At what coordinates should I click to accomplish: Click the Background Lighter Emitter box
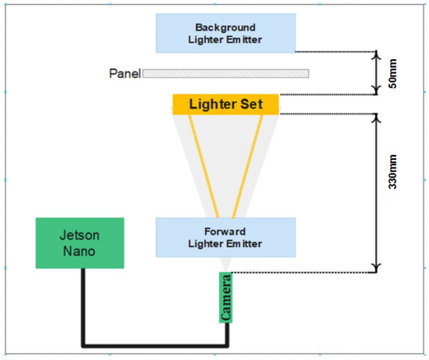(225, 32)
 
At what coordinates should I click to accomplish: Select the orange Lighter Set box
(225, 104)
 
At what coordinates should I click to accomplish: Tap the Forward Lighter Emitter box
(225, 237)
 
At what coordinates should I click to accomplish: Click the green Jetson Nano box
(80, 243)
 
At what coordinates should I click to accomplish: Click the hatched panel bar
(225, 74)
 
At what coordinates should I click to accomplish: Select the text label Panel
(124, 74)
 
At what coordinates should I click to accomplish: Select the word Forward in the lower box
(225, 231)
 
